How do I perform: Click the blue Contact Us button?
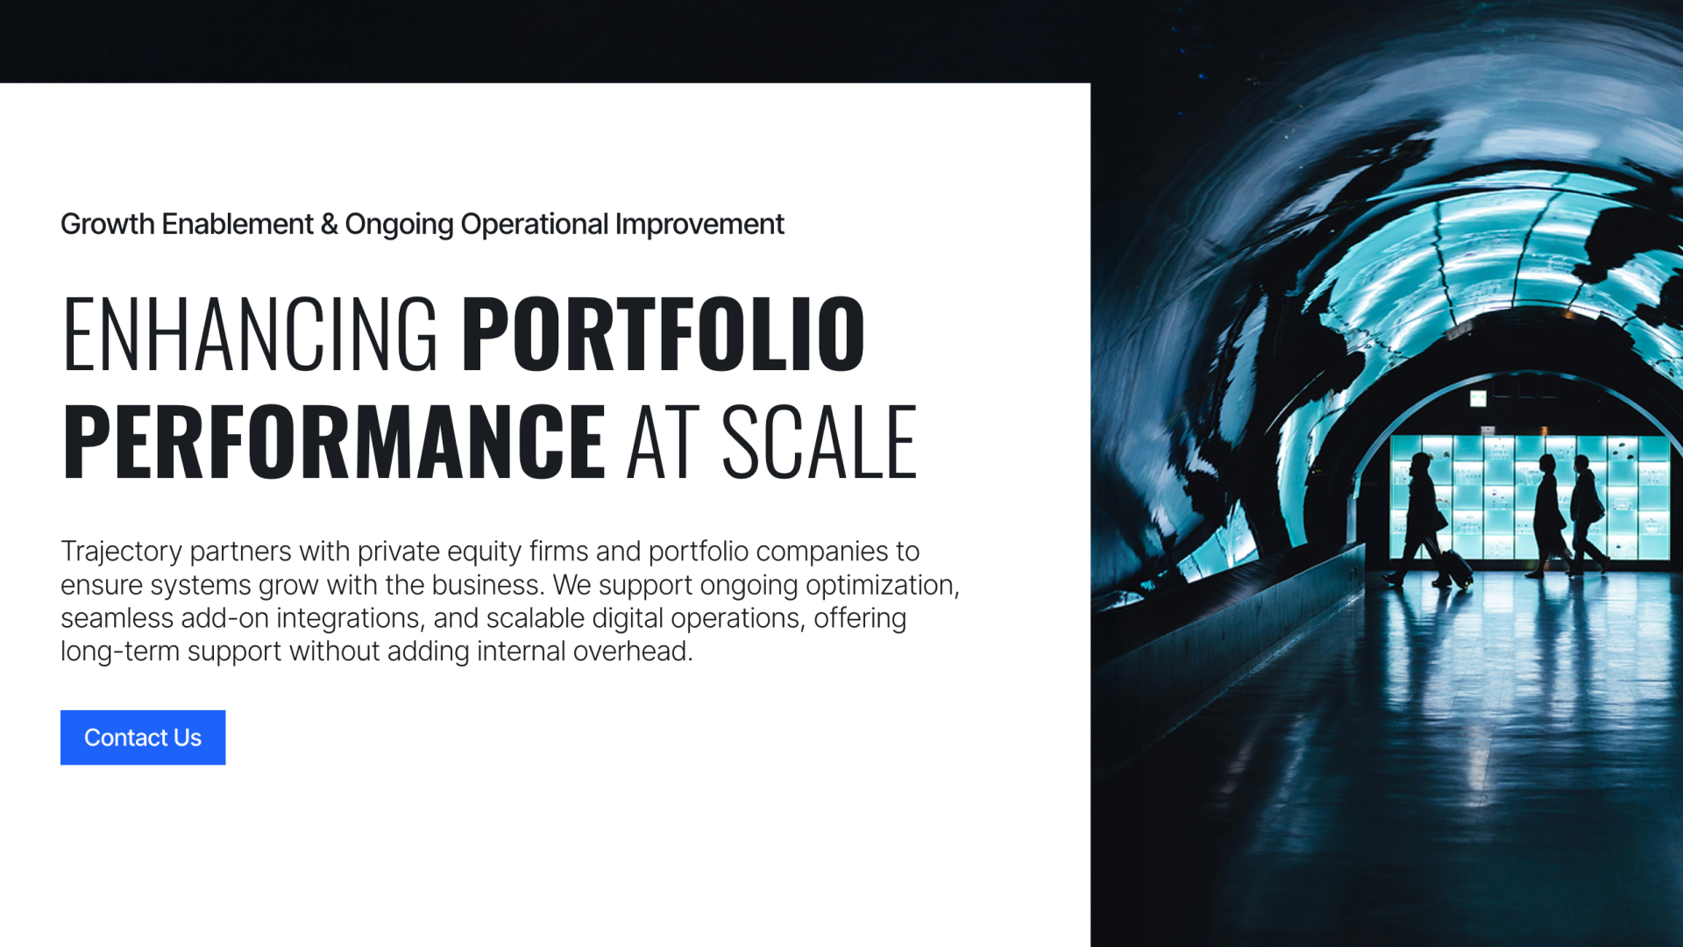coord(143,737)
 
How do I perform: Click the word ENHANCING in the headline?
coord(251,334)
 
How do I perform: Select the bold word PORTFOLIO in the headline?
coord(664,334)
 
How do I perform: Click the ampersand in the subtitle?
coord(330,224)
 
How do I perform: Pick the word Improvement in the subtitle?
coord(699,224)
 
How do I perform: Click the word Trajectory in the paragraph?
coord(121,552)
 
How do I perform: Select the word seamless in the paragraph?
coord(117,618)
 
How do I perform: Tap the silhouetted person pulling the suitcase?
coord(1420,519)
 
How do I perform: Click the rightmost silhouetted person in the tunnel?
coord(1587,515)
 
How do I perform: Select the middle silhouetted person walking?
coord(1548,516)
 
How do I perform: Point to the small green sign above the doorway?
coord(1479,399)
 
